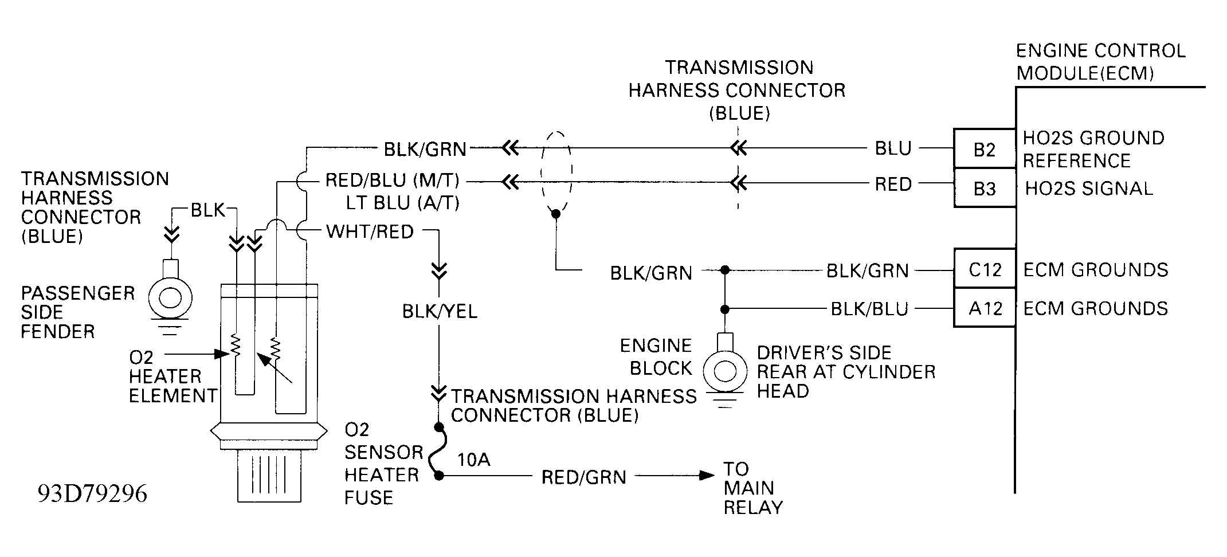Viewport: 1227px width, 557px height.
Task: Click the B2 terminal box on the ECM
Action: (x=985, y=148)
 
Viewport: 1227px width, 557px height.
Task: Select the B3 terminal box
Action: (x=985, y=187)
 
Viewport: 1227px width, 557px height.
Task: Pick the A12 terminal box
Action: (x=985, y=308)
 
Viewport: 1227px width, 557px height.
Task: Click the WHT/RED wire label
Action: (x=370, y=232)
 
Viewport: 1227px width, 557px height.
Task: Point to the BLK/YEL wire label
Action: (x=440, y=311)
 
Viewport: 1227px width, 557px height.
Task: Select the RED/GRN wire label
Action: (x=583, y=477)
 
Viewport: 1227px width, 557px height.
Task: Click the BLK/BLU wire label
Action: (x=869, y=309)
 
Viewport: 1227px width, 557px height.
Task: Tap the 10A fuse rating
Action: (x=474, y=459)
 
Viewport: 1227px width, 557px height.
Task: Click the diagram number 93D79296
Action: (x=92, y=493)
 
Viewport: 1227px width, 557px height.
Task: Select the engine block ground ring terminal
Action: (x=725, y=370)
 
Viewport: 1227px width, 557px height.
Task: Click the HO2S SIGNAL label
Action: (x=1088, y=189)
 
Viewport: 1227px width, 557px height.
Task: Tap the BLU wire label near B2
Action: (x=893, y=148)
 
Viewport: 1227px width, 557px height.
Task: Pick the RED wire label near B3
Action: (x=893, y=184)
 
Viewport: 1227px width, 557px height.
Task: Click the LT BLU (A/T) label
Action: (x=402, y=203)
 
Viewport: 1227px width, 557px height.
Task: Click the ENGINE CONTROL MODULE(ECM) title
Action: (x=1100, y=62)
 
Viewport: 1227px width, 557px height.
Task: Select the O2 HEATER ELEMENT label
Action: (x=173, y=376)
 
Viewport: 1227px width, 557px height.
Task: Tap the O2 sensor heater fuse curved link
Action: (x=435, y=452)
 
